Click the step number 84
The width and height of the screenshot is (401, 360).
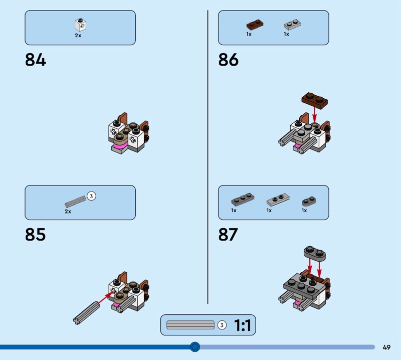coord(36,60)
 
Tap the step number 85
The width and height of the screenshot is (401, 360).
coord(35,234)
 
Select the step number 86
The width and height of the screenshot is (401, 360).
coord(229,60)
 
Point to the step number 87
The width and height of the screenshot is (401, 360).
coord(228,234)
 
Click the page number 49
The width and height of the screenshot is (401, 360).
coord(386,347)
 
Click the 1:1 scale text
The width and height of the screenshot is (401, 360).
coord(243,325)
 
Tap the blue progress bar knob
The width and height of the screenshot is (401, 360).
coord(195,347)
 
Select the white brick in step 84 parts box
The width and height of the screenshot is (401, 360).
coord(80,25)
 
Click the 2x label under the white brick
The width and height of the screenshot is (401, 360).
coord(78,36)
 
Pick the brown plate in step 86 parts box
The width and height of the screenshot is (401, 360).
coord(255,24)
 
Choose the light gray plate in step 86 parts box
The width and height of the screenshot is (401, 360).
coord(292,25)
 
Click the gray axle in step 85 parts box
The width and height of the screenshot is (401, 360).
coord(75,202)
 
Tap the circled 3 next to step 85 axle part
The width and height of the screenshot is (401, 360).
coord(91,196)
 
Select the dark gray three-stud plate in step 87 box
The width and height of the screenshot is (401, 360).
coord(243,200)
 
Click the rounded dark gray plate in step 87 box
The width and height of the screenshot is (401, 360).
coord(309,202)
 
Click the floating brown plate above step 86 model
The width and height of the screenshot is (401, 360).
coord(315,99)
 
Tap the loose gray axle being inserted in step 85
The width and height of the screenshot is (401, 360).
coord(86,313)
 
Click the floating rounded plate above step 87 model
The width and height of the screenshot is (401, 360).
coord(315,253)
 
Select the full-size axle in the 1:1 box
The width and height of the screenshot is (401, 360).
coord(190,325)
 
